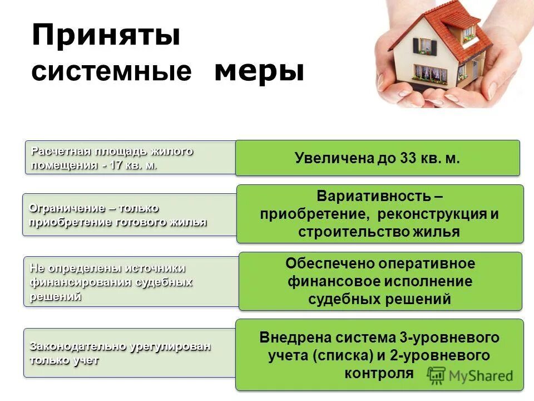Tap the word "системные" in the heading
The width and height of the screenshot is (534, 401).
coord(111,73)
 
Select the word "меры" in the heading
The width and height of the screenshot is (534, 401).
coord(259,71)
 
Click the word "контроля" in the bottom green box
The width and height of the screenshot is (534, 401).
coord(379,373)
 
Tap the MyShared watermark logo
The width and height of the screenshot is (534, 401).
coord(471,375)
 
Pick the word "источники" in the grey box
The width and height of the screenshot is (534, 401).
coord(155,268)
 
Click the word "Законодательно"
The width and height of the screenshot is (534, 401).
coord(78,346)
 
